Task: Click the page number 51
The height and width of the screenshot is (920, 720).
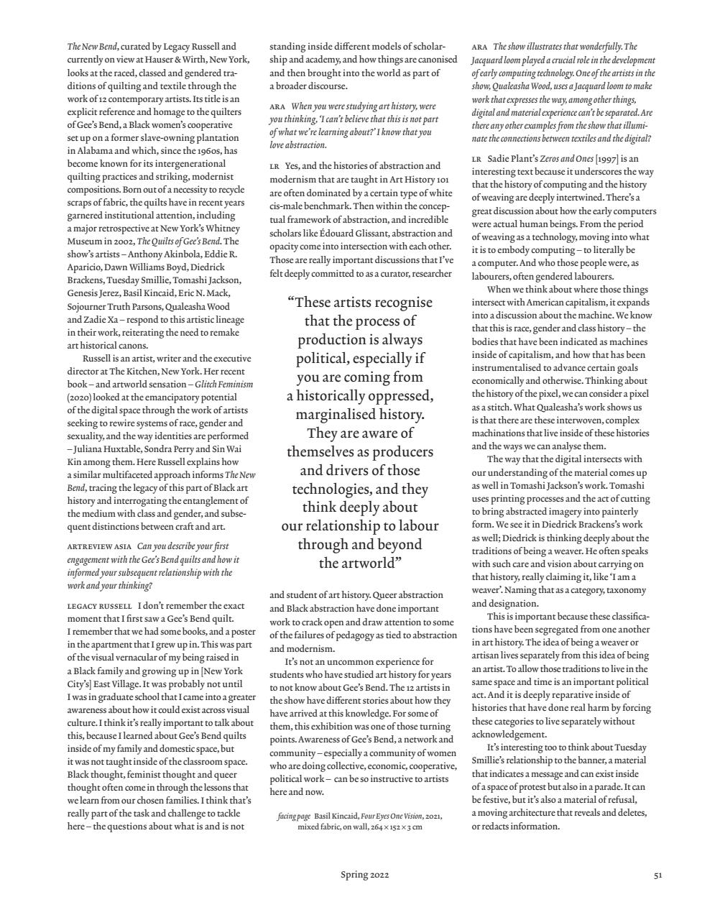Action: [657, 875]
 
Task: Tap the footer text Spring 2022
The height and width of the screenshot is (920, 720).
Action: [364, 875]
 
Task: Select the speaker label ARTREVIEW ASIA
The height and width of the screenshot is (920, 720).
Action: [99, 547]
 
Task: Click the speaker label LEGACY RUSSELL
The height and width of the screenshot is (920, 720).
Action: [99, 606]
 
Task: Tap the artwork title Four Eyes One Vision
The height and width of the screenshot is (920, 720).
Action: [392, 816]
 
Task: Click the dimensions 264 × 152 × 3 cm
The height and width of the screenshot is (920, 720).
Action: [396, 827]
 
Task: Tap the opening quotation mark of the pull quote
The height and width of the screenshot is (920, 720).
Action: [292, 303]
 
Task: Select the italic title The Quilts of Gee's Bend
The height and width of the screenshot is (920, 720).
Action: [179, 241]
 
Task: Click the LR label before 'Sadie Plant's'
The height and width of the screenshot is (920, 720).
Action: [476, 159]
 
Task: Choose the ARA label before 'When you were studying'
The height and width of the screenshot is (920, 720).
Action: [277, 106]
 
